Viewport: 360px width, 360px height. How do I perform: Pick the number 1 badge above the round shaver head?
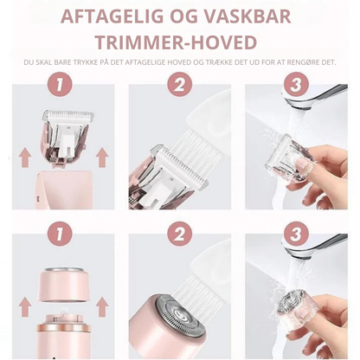[59, 234]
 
